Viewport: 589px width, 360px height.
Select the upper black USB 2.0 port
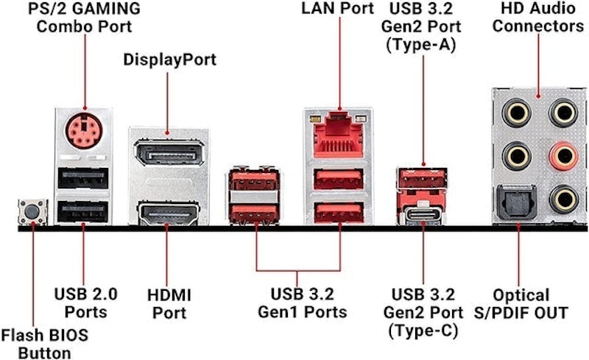[x=83, y=178]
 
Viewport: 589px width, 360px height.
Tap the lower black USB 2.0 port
[x=83, y=212]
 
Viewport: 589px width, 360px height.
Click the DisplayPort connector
[x=169, y=152]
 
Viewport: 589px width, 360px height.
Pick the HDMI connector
[x=169, y=213]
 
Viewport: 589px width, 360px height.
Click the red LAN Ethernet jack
[x=339, y=135]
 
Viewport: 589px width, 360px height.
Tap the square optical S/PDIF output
[x=517, y=202]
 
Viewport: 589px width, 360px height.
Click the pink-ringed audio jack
[x=563, y=155]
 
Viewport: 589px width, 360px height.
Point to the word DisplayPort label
[x=170, y=60]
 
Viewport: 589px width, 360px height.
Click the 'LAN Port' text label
[x=337, y=8]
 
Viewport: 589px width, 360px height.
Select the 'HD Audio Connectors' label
[x=538, y=17]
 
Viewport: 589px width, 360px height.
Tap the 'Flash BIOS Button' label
[x=45, y=344]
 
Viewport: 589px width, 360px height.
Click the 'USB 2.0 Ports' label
[x=85, y=303]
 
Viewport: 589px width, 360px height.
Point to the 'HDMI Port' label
[x=169, y=303]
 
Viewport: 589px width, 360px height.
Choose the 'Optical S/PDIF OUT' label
[x=521, y=303]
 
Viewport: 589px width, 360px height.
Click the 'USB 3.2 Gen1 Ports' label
[x=303, y=303]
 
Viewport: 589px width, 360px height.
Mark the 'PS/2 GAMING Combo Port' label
[x=84, y=17]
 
